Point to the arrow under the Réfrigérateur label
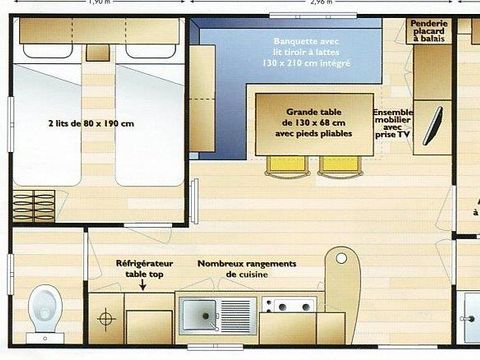[x=143, y=285]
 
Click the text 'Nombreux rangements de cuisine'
[x=238, y=268]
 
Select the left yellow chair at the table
[x=281, y=164]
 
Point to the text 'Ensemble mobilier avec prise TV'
[x=391, y=123]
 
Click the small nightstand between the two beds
[x=98, y=52]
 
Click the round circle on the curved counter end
[x=341, y=258]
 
